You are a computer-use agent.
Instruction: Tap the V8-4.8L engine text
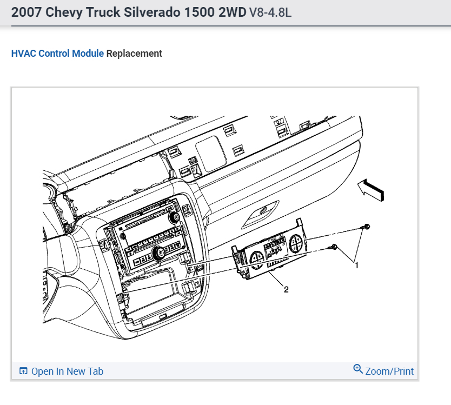[270, 12]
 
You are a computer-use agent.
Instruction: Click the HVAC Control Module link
[57, 54]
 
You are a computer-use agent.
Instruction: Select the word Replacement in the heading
[134, 54]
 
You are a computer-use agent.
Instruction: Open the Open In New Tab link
[67, 371]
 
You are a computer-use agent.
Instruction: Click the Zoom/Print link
[389, 371]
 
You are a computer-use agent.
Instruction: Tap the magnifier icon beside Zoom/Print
[358, 369]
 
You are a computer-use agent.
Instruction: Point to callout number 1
[357, 265]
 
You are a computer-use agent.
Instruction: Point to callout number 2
[286, 289]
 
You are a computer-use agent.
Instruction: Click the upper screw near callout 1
[366, 227]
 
